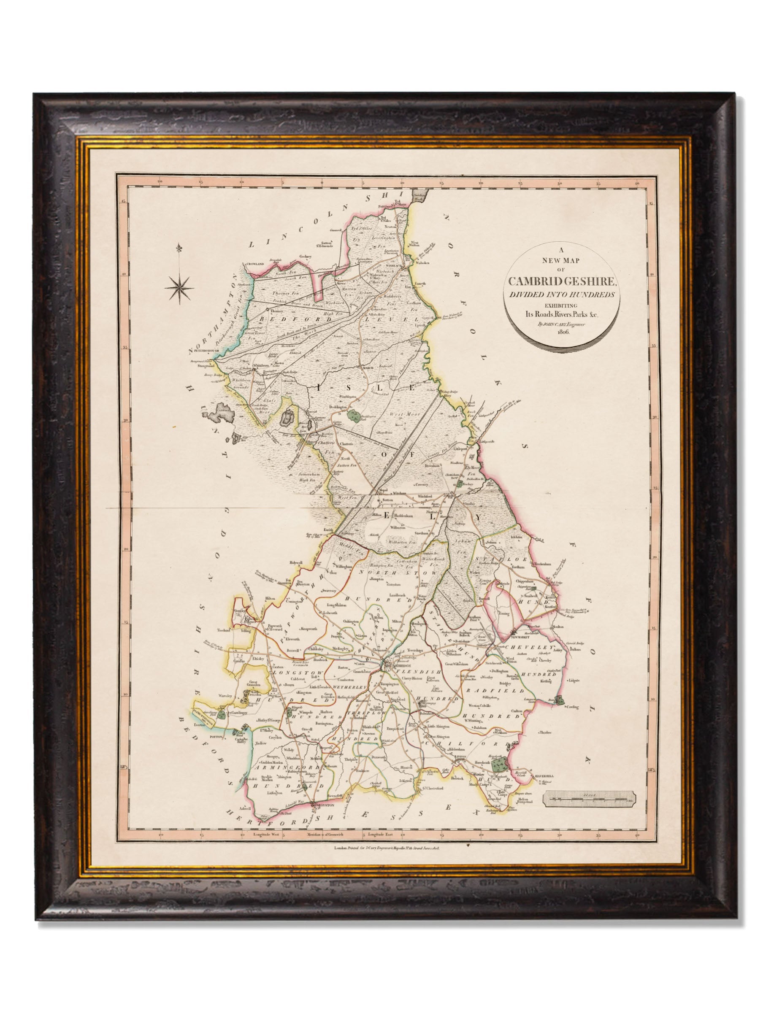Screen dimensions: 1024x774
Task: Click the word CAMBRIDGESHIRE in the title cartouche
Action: click(563, 281)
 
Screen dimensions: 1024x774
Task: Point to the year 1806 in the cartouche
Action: click(563, 333)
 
